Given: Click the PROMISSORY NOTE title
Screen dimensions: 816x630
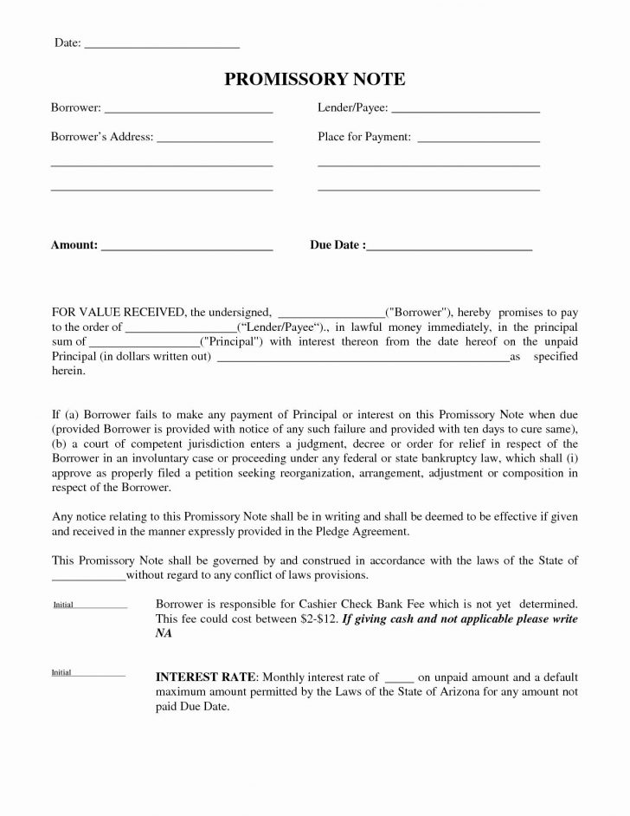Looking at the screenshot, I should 314,80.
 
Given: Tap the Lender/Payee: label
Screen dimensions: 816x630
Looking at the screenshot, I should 353,108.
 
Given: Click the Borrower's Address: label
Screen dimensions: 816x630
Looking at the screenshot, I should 102,137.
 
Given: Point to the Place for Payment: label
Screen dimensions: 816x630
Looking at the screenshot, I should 364,137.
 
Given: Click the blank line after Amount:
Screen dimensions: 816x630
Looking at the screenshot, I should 187,248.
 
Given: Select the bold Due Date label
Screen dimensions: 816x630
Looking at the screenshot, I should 335,245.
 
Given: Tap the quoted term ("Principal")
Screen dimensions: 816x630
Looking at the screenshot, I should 228,342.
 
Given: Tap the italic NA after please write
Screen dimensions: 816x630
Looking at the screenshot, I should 164,634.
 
